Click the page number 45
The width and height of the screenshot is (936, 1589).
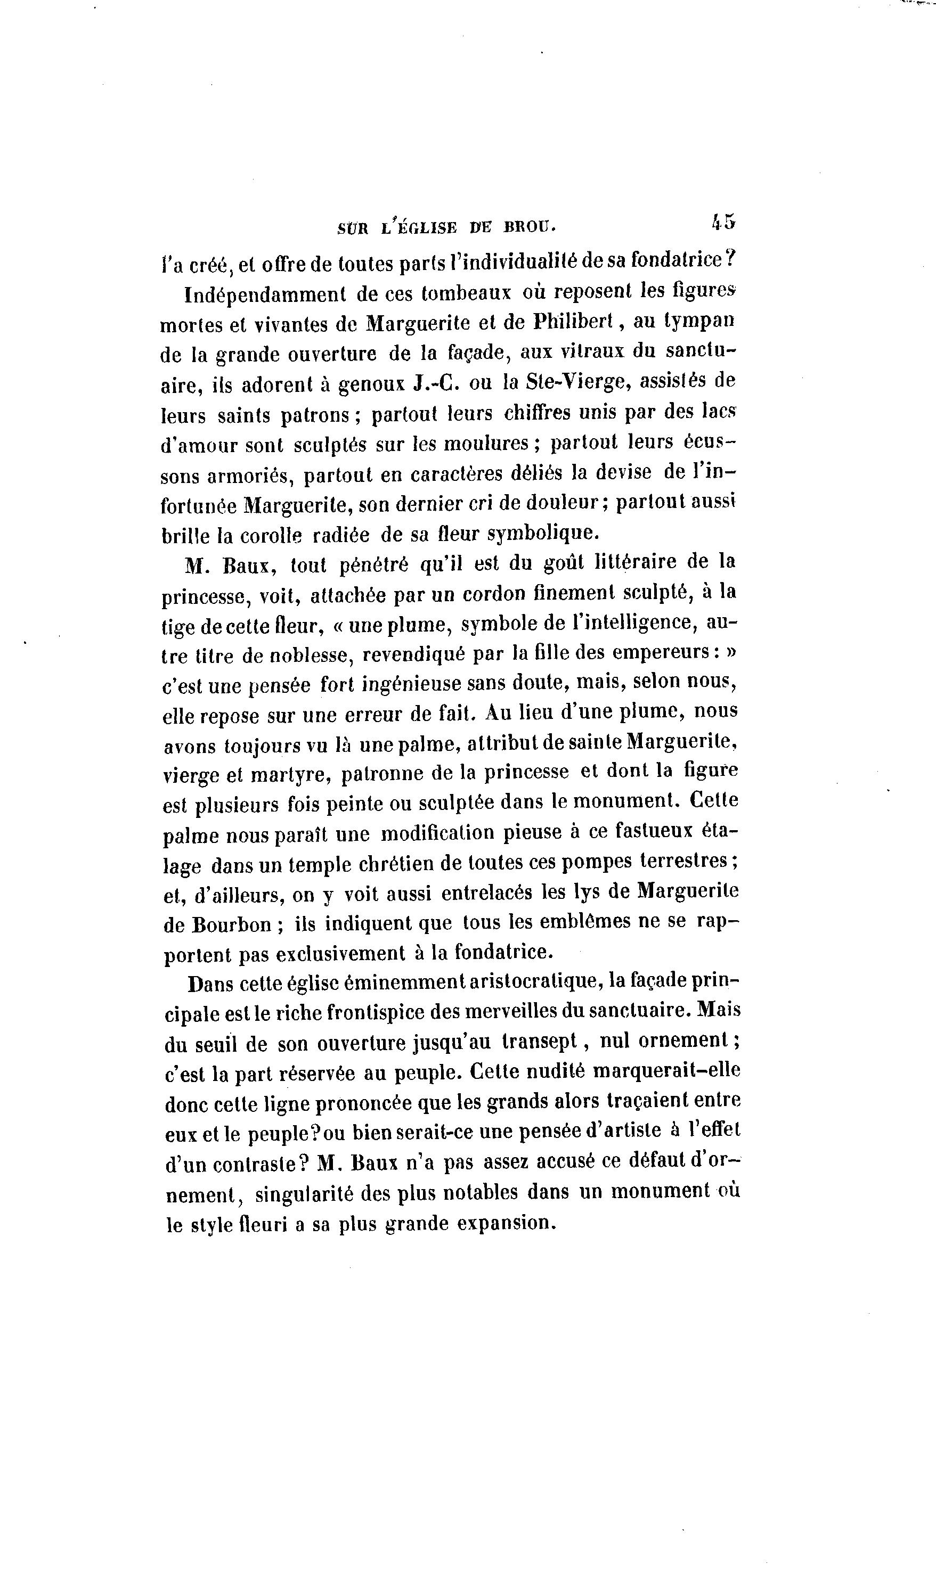coord(723,222)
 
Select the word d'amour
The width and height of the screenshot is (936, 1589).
coord(199,445)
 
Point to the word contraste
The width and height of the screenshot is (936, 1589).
coord(255,1165)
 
